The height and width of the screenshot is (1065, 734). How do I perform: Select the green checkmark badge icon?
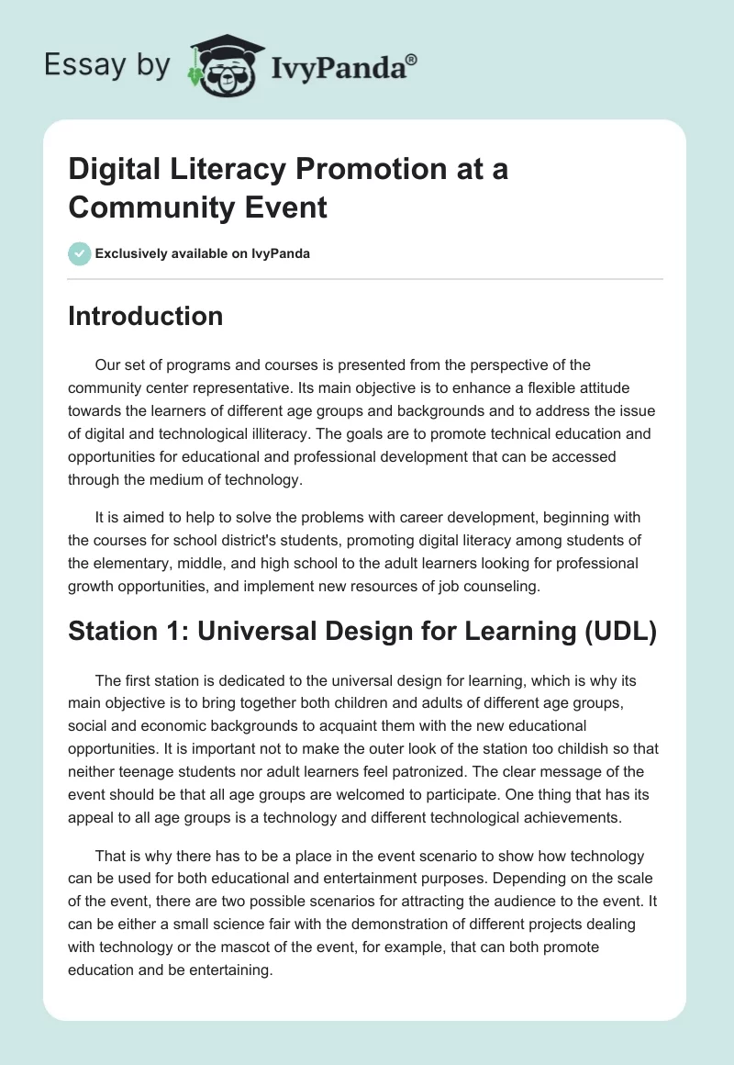click(x=79, y=253)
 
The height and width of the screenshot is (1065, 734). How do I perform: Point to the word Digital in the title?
click(x=113, y=170)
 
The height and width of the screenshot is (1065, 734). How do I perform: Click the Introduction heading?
click(x=145, y=317)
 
